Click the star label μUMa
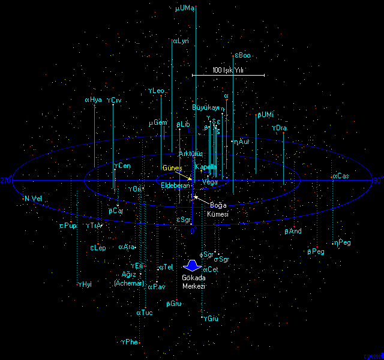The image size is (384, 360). (184, 8)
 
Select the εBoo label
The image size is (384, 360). (242, 55)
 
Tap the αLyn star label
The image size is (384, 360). (181, 41)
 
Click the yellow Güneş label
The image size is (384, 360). (172, 167)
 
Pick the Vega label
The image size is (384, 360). (210, 181)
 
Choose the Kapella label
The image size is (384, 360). (206, 166)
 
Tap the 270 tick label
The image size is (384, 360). (6, 180)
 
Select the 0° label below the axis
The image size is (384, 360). (193, 230)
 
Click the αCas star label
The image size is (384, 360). (340, 176)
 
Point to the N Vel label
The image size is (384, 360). (33, 199)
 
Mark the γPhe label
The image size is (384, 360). (130, 342)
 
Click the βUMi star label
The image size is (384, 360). (265, 115)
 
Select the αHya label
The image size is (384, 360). (94, 100)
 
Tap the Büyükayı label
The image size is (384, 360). (206, 107)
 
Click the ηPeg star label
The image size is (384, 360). (343, 242)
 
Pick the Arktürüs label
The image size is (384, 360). (191, 154)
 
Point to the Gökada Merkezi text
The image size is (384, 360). (194, 282)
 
